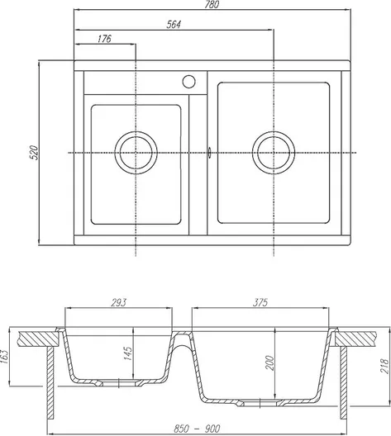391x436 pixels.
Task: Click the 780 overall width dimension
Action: click(212, 4)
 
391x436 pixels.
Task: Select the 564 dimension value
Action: click(174, 25)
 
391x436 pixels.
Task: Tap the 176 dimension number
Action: click(104, 39)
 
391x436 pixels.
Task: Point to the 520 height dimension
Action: click(34, 152)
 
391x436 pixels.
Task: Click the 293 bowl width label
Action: click(118, 302)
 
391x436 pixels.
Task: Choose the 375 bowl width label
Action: click(260, 302)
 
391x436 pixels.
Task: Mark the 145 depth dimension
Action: click(128, 353)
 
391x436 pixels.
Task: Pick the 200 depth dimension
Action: click(269, 363)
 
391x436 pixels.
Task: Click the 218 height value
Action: click(384, 366)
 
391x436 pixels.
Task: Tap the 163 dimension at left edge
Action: click(5, 357)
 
